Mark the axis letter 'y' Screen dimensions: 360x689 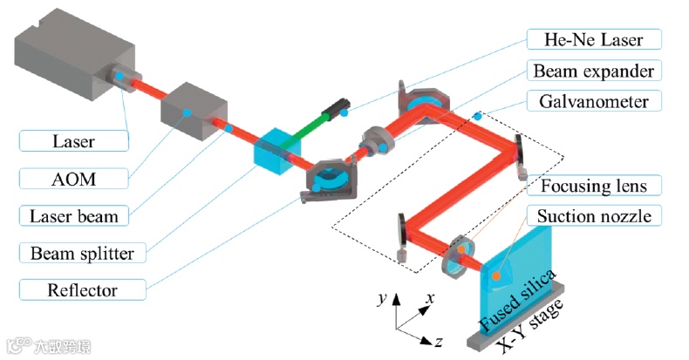click(x=383, y=298)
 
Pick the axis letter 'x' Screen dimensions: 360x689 click(x=430, y=298)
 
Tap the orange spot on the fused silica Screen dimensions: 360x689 click(x=495, y=276)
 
